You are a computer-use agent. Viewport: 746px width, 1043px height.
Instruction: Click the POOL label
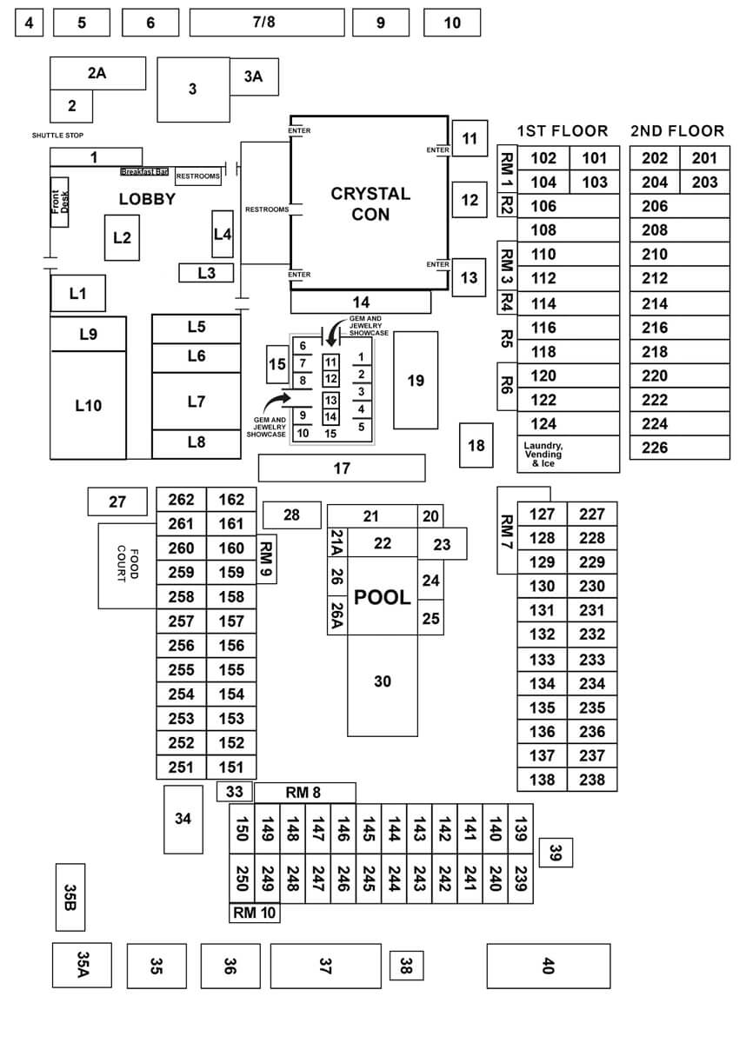click(x=383, y=597)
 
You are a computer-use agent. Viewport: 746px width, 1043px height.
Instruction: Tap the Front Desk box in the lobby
click(x=59, y=202)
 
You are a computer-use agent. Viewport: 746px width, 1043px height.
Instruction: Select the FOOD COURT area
click(x=127, y=565)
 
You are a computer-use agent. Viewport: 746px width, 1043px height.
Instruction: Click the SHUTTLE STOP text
click(x=63, y=136)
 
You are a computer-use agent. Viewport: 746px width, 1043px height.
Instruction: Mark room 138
click(x=543, y=780)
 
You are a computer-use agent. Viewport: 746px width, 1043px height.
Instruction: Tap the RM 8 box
click(x=303, y=792)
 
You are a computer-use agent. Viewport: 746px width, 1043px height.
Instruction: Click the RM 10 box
click(x=254, y=913)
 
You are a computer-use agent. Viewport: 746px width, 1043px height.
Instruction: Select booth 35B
click(x=70, y=897)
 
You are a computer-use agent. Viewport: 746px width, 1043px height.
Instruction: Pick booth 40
click(x=548, y=966)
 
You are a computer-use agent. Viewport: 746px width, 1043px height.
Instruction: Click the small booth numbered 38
click(x=406, y=964)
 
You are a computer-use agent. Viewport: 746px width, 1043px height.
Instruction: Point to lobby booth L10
click(x=88, y=405)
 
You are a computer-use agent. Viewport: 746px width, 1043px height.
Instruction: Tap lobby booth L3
click(x=206, y=273)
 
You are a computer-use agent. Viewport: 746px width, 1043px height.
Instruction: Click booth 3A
click(x=253, y=76)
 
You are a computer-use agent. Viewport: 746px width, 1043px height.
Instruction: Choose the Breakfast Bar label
click(x=145, y=172)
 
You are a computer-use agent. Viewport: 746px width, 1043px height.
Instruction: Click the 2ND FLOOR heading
click(x=677, y=131)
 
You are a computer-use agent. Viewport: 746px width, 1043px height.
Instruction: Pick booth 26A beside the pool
click(x=337, y=615)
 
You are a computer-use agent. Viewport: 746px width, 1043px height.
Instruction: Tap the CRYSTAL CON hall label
click(x=370, y=203)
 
